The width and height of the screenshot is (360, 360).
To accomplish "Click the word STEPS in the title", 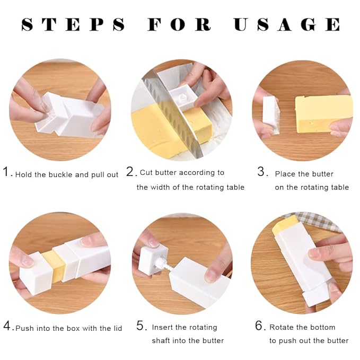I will [x=73, y=24].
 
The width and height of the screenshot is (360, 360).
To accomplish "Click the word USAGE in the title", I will [x=287, y=24].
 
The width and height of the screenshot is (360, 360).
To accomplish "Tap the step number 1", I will [x=7, y=172].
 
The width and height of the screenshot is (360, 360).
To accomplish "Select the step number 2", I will [x=130, y=172].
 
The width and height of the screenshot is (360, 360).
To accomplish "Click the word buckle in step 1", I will [x=60, y=174].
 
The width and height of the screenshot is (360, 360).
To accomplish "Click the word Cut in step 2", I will [x=146, y=172].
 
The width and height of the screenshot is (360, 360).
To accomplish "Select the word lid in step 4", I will [x=116, y=328].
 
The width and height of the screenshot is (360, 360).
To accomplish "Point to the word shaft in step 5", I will [x=162, y=340].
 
